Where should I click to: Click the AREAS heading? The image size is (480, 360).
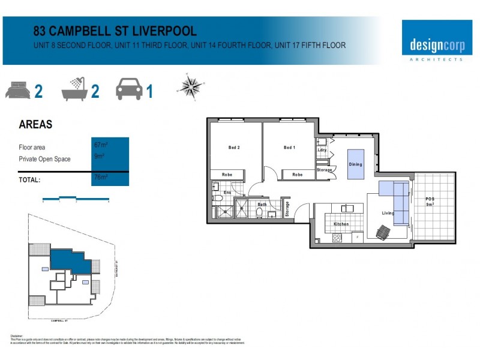click(35, 125)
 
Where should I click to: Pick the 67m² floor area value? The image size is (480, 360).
click(100, 145)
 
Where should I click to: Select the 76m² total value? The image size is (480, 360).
click(100, 177)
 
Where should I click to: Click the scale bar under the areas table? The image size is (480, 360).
click(75, 199)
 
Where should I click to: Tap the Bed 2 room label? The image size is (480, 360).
click(234, 148)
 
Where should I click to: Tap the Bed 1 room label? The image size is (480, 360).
click(289, 148)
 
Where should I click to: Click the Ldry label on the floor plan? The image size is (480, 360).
click(322, 150)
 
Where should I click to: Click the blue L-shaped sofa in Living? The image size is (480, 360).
click(396, 198)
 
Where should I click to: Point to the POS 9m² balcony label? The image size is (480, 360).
click(430, 202)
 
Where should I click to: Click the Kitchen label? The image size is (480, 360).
click(341, 224)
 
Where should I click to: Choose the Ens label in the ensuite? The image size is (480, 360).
click(227, 193)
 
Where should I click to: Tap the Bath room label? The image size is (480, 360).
click(262, 205)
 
